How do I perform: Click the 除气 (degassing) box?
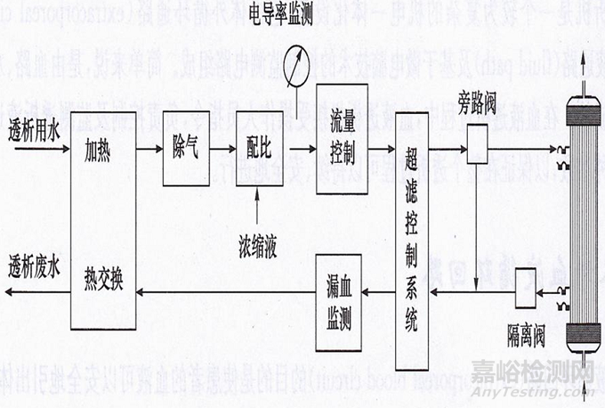185,149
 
